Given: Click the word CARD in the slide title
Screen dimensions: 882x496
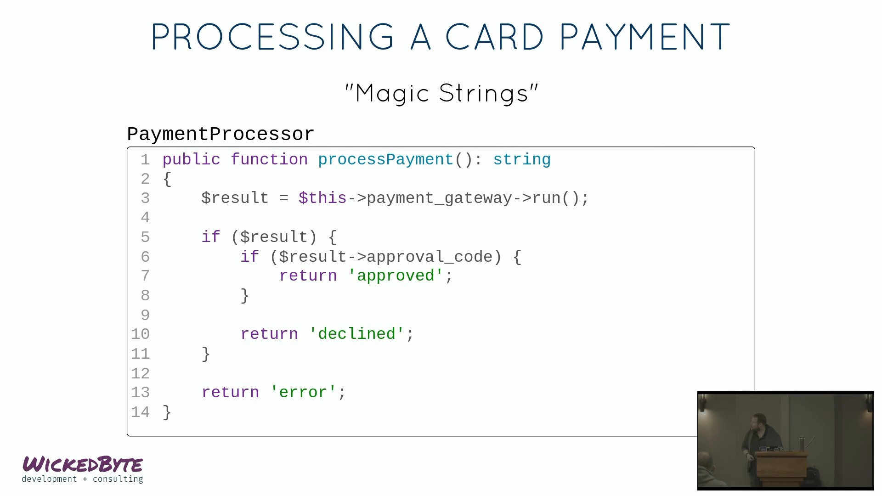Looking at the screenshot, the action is coord(494,36).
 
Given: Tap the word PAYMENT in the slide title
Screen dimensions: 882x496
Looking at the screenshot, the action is coord(645,36).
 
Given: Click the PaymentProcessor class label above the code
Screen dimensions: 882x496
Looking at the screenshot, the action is coord(220,134).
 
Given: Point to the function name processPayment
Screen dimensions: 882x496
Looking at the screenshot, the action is coord(386,160).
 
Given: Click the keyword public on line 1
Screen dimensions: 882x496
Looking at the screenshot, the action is coord(191,160).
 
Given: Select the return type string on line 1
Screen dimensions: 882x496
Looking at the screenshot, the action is coord(522,160).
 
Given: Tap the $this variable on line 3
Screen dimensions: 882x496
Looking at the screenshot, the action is coord(322,198).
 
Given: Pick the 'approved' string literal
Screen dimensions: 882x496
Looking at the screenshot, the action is coord(396,276).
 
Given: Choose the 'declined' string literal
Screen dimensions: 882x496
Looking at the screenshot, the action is coord(357,334).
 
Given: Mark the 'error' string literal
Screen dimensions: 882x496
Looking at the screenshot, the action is coord(303,392).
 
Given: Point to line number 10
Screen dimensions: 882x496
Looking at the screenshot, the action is coord(141,334).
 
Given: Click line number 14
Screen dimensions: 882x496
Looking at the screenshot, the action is coord(141,412).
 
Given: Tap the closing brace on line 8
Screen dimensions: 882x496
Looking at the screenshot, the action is coord(245,296).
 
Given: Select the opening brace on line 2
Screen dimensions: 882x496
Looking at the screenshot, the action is coord(167,179).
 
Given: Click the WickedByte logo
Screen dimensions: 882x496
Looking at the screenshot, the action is coord(83,469).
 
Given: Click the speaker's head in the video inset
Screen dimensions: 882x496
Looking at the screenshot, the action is coord(758,423).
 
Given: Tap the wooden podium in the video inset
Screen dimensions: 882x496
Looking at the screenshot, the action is coord(781,468).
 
